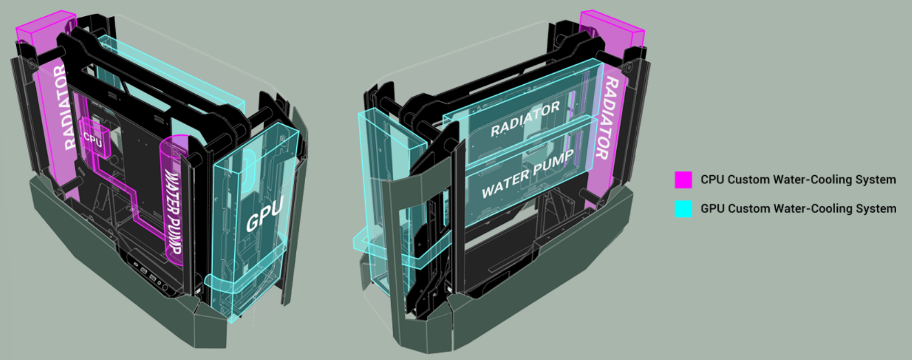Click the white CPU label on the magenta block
(93, 139)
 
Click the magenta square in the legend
(683, 179)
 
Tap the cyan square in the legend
(683, 209)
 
